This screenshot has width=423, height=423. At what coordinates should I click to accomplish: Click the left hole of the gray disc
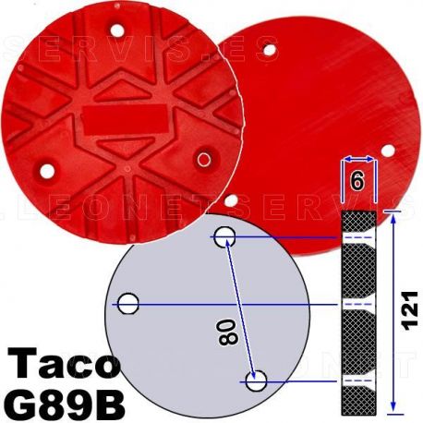(x=128, y=302)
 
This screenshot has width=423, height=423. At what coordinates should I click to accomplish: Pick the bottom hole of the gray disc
(x=258, y=379)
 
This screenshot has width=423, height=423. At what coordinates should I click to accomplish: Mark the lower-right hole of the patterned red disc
(x=204, y=160)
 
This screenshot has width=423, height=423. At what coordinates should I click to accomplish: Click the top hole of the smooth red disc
(x=268, y=45)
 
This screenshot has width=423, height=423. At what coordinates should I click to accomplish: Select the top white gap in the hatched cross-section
(x=358, y=238)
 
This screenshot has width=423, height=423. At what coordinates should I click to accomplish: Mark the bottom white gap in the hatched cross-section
(x=358, y=379)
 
